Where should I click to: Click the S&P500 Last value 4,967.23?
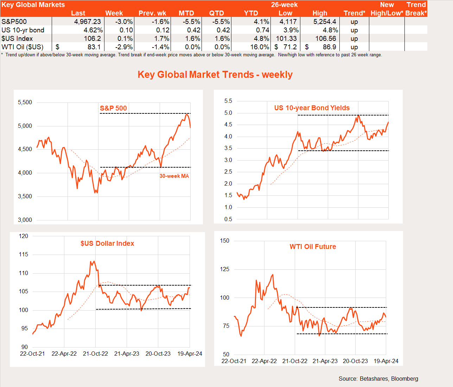(87, 21)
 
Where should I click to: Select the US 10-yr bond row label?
(23, 30)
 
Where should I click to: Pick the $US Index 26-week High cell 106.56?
(325, 38)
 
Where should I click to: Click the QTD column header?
(216, 13)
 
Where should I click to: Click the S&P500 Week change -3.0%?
(124, 21)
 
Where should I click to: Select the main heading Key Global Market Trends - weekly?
(215, 75)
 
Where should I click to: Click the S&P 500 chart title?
(113, 108)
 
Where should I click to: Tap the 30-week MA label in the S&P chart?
(174, 176)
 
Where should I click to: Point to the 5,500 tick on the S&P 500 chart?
(25, 102)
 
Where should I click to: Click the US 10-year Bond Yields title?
(312, 108)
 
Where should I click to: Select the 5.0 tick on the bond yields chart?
(228, 113)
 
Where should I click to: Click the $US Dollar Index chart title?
(107, 243)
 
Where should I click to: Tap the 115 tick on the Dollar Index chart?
(24, 255)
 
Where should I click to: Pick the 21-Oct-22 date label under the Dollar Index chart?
(95, 354)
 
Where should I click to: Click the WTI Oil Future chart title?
(313, 246)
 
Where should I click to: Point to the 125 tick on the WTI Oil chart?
(224, 269)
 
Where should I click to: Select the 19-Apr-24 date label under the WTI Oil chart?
(386, 361)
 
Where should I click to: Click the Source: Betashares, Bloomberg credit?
(378, 379)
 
